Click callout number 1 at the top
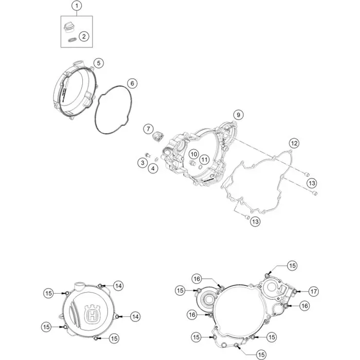tap(77, 6)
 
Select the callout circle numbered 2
tap(84, 37)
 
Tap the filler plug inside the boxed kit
tap(68, 27)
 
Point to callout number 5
tap(99, 63)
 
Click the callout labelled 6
tap(132, 83)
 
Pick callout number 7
tap(148, 129)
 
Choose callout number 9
tap(238, 115)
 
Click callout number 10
tap(194, 154)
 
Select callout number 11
tap(204, 159)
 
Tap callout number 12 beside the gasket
tap(294, 143)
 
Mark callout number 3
tap(142, 163)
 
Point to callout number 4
tap(153, 169)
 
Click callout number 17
tap(313, 292)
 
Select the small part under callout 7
tap(158, 136)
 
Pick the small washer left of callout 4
tap(156, 159)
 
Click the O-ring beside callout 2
tap(71, 40)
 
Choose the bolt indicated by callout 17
tap(295, 292)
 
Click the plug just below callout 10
tap(192, 164)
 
